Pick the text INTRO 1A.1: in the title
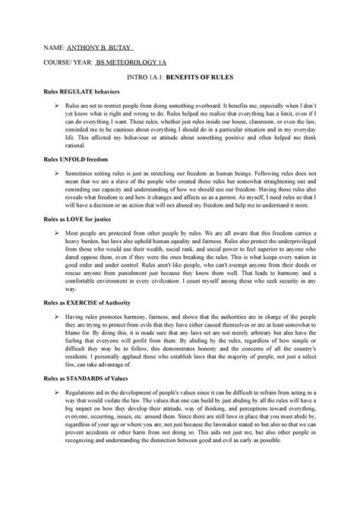141,77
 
